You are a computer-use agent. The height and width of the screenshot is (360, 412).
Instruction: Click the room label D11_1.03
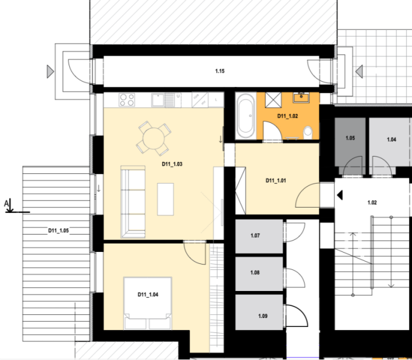point(172,164)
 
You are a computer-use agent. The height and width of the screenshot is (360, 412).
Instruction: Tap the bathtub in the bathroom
point(246,116)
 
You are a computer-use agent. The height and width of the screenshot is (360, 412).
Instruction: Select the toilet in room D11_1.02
point(307,133)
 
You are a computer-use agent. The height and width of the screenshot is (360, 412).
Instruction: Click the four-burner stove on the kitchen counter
point(127,100)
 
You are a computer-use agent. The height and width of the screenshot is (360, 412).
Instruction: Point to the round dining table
point(154,139)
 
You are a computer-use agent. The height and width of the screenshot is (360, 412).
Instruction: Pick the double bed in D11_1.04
point(148,303)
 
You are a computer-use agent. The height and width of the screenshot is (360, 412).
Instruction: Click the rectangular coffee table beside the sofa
point(165,199)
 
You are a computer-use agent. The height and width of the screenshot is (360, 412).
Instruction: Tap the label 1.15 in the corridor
point(220,71)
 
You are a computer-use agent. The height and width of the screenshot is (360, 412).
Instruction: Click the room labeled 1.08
point(259,274)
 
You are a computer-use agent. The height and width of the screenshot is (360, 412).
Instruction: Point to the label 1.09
point(263,316)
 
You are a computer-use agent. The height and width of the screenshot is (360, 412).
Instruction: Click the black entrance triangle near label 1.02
point(340,195)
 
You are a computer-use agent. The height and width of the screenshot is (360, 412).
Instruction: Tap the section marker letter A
point(6,203)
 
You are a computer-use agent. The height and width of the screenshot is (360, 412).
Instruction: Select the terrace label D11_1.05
point(58,230)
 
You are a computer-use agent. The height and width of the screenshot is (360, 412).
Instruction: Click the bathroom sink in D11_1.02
point(301,97)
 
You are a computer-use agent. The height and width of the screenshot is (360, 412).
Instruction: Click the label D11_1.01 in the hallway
point(276,181)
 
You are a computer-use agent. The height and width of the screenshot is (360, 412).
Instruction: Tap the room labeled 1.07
point(259,236)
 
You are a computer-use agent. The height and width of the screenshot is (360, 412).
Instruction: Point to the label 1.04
point(391,139)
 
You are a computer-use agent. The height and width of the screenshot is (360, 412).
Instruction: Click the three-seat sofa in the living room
point(133,202)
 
